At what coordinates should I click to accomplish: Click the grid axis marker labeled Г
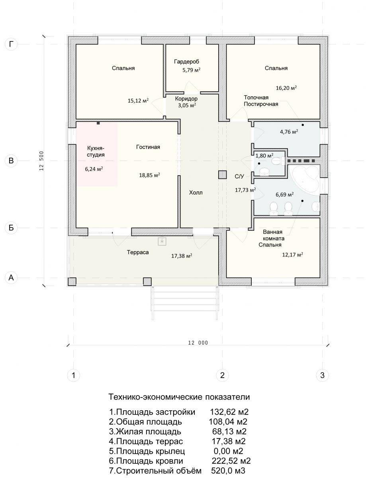[11, 44]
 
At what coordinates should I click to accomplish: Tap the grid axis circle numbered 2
[222, 375]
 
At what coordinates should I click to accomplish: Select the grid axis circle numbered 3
[322, 375]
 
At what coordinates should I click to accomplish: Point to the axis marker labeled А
[11, 278]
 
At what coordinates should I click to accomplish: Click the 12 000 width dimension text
[198, 343]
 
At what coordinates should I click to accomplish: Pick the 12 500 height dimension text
[41, 161]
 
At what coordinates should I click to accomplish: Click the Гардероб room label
[186, 62]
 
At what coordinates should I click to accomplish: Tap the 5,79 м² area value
[191, 70]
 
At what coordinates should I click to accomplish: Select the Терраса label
[138, 252]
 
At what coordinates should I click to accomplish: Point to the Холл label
[196, 193]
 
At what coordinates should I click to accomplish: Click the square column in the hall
[222, 175]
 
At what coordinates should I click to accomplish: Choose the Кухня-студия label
[96, 151]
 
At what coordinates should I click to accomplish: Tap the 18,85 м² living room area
[149, 175]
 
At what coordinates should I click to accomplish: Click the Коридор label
[186, 99]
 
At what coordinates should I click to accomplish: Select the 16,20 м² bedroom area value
[286, 88]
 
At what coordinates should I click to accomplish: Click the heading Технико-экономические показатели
[179, 397]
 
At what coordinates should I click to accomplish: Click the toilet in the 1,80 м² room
[276, 161]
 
